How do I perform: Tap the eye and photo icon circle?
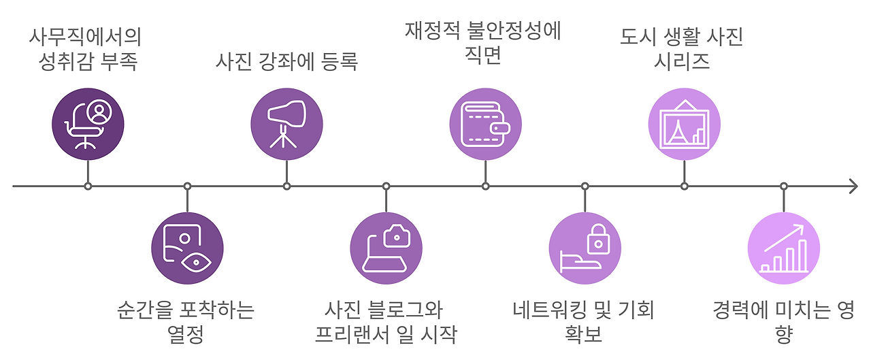[187, 248]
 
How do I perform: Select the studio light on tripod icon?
[286, 125]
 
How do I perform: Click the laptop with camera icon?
[386, 248]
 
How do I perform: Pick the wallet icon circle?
[485, 125]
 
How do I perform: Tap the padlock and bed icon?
[585, 248]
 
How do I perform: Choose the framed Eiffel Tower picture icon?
[684, 125]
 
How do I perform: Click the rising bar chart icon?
[783, 248]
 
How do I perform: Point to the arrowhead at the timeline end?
[853, 186]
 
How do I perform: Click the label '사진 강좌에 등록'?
[286, 62]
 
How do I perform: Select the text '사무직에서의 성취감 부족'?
[88, 49]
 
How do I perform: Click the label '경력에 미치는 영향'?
[783, 323]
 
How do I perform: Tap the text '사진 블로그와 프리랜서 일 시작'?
[385, 323]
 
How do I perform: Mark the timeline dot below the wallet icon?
[485, 186]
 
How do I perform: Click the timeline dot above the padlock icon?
[585, 186]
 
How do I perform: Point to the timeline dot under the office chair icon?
[88, 186]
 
